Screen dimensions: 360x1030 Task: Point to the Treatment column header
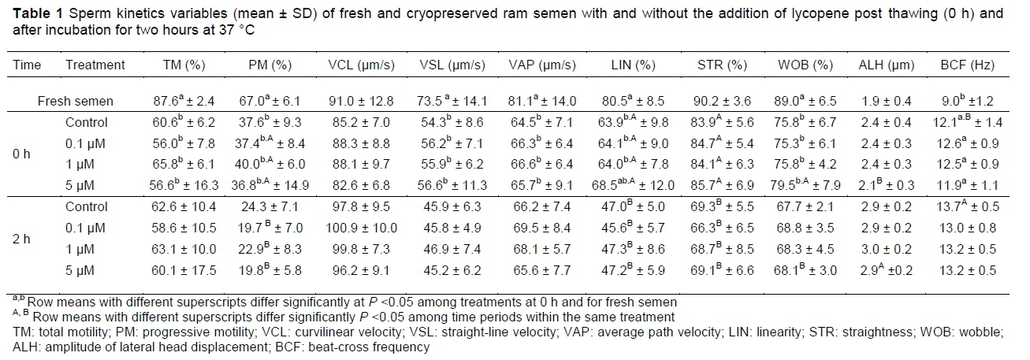(x=95, y=65)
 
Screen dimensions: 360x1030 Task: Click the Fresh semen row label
(x=76, y=101)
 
